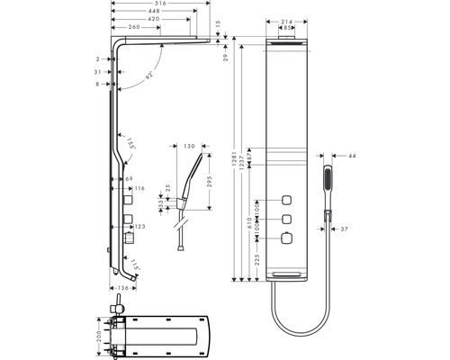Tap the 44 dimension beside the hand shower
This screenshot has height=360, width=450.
point(351,157)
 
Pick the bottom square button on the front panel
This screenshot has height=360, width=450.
point(287,238)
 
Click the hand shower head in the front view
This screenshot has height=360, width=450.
point(328,168)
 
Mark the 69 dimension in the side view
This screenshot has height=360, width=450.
point(130,180)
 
